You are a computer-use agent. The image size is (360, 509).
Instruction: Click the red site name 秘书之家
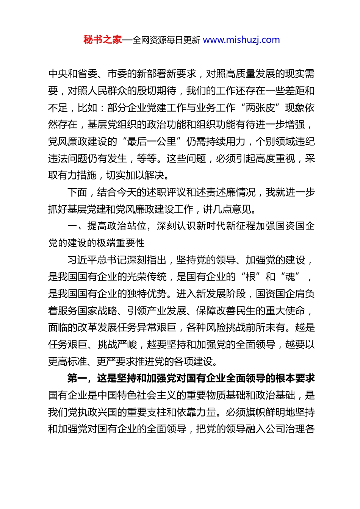point(103,40)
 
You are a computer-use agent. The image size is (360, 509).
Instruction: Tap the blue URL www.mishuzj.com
point(241,40)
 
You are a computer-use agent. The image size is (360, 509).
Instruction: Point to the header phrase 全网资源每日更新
point(166,40)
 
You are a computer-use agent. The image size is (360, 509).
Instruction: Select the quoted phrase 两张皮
point(260,108)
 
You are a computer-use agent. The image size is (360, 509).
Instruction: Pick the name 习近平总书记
point(97,260)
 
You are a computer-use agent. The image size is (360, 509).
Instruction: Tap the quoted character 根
point(250,277)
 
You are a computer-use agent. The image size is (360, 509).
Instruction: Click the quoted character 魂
point(290,277)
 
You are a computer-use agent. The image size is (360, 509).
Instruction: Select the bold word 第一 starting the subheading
point(77,378)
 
